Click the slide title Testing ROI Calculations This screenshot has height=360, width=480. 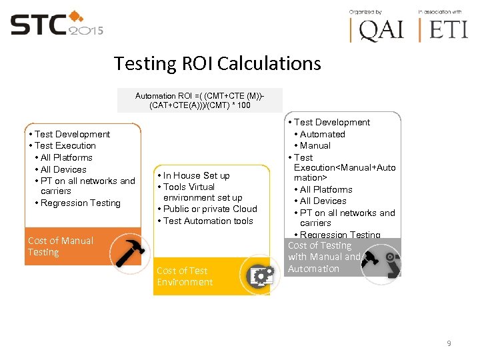(x=217, y=64)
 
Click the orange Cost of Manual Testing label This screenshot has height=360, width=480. (x=61, y=247)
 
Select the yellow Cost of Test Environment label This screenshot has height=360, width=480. (x=185, y=276)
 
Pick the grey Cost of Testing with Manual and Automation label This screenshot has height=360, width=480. (x=323, y=257)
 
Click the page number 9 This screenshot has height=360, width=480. (x=449, y=343)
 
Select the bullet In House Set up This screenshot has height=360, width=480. (x=197, y=175)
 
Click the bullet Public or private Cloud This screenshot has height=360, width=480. (x=210, y=209)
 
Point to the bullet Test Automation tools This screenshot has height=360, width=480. (x=208, y=221)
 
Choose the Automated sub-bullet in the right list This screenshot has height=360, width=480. (x=323, y=134)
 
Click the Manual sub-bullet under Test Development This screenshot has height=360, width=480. (x=315, y=145)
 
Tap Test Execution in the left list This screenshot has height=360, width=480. (x=65, y=145)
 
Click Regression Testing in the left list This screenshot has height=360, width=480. (x=81, y=203)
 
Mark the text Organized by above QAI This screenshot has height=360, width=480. (x=366, y=12)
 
